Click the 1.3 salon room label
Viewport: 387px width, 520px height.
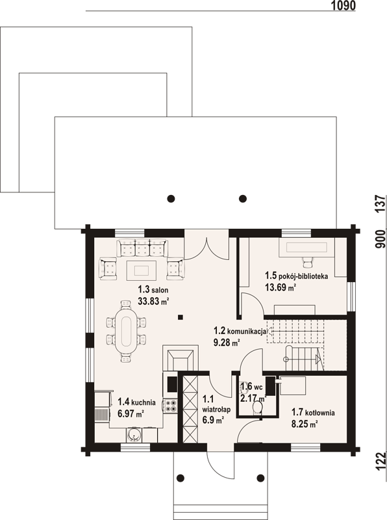153,289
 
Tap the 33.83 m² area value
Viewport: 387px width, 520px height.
153,301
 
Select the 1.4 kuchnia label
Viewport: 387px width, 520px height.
136,402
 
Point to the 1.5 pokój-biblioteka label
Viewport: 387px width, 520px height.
297,276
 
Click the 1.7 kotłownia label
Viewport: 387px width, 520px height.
313,412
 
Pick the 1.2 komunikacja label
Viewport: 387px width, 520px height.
240,331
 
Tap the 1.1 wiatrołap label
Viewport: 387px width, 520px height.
216,404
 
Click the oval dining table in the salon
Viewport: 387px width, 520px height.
126,331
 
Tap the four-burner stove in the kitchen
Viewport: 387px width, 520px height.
170,406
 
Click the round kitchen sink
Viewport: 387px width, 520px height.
134,435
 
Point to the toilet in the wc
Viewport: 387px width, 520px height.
257,408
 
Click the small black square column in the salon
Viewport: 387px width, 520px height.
181,317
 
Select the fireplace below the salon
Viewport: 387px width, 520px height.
181,357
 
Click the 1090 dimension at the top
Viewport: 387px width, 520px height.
343,5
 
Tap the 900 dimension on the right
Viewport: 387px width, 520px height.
381,239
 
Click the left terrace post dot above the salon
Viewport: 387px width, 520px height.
171,199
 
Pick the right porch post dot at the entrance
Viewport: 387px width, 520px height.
261,478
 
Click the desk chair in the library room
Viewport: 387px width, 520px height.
308,262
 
